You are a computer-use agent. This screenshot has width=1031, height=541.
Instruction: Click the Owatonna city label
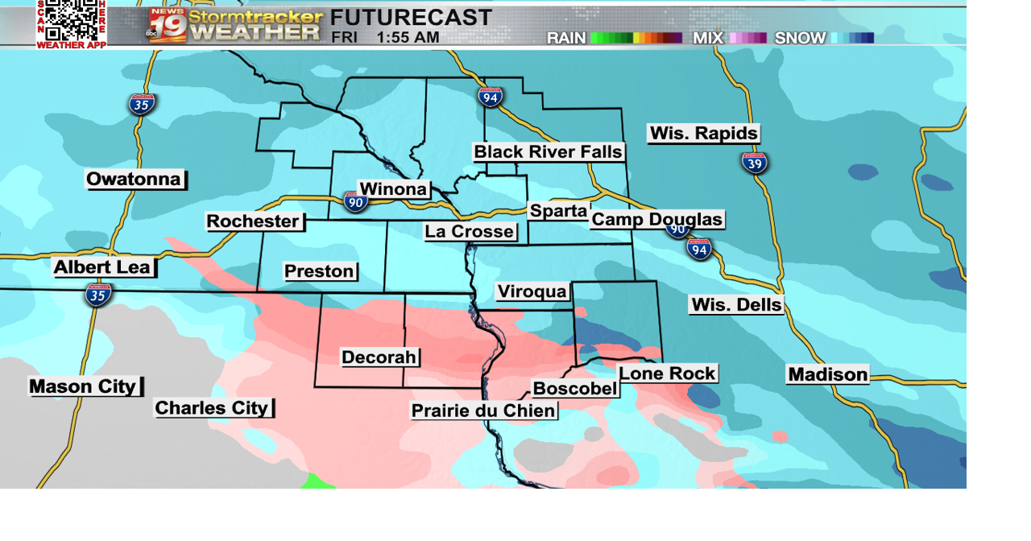(x=135, y=180)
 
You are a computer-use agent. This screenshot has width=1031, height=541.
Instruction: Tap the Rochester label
(x=253, y=221)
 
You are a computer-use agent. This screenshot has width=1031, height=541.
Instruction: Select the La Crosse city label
(x=470, y=232)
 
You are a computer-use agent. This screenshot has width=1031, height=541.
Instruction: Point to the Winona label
(x=393, y=190)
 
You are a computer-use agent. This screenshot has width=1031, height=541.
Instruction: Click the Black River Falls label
(x=548, y=152)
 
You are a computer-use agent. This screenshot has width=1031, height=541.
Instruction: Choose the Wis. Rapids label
(x=703, y=134)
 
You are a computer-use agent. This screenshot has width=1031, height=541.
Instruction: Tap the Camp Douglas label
(x=656, y=220)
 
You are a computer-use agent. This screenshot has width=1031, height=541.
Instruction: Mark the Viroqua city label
(x=532, y=292)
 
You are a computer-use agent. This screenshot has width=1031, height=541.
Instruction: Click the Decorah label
(x=379, y=357)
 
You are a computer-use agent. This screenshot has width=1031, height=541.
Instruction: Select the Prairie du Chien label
(x=483, y=411)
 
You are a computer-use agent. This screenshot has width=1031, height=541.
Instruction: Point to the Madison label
(x=827, y=374)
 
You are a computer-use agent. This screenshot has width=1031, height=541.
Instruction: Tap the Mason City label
(x=83, y=386)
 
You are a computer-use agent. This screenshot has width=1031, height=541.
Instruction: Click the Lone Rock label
(x=667, y=374)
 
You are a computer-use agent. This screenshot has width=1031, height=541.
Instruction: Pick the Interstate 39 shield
(x=755, y=163)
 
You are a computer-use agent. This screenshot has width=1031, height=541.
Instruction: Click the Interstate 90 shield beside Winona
(x=355, y=201)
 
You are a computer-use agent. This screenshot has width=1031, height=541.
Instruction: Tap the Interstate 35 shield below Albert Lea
(x=98, y=295)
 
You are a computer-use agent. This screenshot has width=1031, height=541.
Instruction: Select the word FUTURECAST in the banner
(x=411, y=17)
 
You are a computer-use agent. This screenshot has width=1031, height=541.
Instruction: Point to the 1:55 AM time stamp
(x=408, y=38)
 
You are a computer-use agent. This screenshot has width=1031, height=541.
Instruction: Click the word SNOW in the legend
(x=800, y=38)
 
